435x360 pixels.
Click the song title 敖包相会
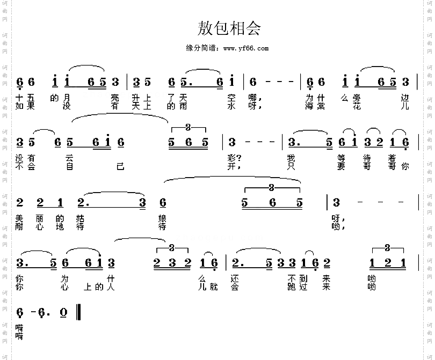point(229,28)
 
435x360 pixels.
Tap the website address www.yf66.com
point(246,48)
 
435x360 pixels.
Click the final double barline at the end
point(78,312)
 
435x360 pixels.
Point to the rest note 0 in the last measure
point(63,312)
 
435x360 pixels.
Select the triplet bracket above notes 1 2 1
point(388,248)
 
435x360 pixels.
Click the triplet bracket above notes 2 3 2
point(172,248)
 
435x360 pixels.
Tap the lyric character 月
point(67,98)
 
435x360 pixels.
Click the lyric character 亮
point(115,98)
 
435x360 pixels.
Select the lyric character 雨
point(183,106)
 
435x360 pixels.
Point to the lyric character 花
point(357,106)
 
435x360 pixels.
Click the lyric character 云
point(69,158)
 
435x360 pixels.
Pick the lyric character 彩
point(231,158)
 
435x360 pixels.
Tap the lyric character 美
point(19,218)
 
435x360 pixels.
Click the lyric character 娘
point(162,218)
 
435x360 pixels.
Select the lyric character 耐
point(19,226)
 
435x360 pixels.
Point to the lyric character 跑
point(291,286)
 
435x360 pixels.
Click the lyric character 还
point(235,278)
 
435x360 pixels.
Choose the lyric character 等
point(341,158)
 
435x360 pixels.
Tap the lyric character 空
point(231,98)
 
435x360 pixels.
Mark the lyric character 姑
point(80,218)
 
